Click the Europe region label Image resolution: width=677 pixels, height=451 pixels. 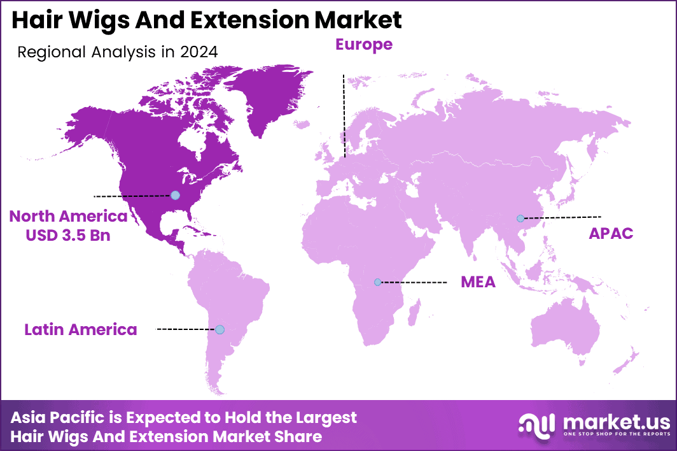364,44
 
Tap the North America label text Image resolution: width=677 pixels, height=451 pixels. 68,217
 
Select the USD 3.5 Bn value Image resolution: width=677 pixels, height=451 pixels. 68,235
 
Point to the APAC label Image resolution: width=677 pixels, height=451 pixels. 611,233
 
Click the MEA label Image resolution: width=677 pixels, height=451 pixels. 478,282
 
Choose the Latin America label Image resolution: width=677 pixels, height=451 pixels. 81,329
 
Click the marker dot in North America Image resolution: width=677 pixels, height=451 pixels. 176,195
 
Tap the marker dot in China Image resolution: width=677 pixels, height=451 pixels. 520,218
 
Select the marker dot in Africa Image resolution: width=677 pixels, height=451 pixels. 377,282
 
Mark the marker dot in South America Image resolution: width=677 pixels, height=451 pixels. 220,329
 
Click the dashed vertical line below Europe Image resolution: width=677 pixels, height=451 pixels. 344,115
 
